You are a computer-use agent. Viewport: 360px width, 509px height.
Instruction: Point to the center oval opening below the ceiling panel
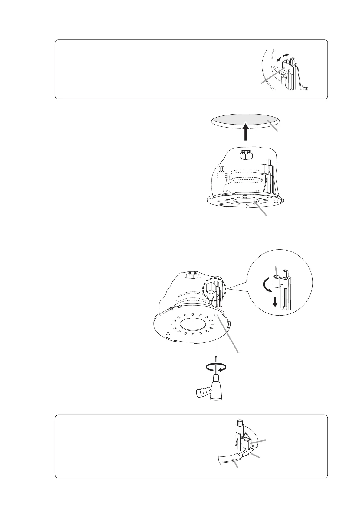[246, 202]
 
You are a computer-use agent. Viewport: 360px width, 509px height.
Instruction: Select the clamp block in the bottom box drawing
[246, 443]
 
